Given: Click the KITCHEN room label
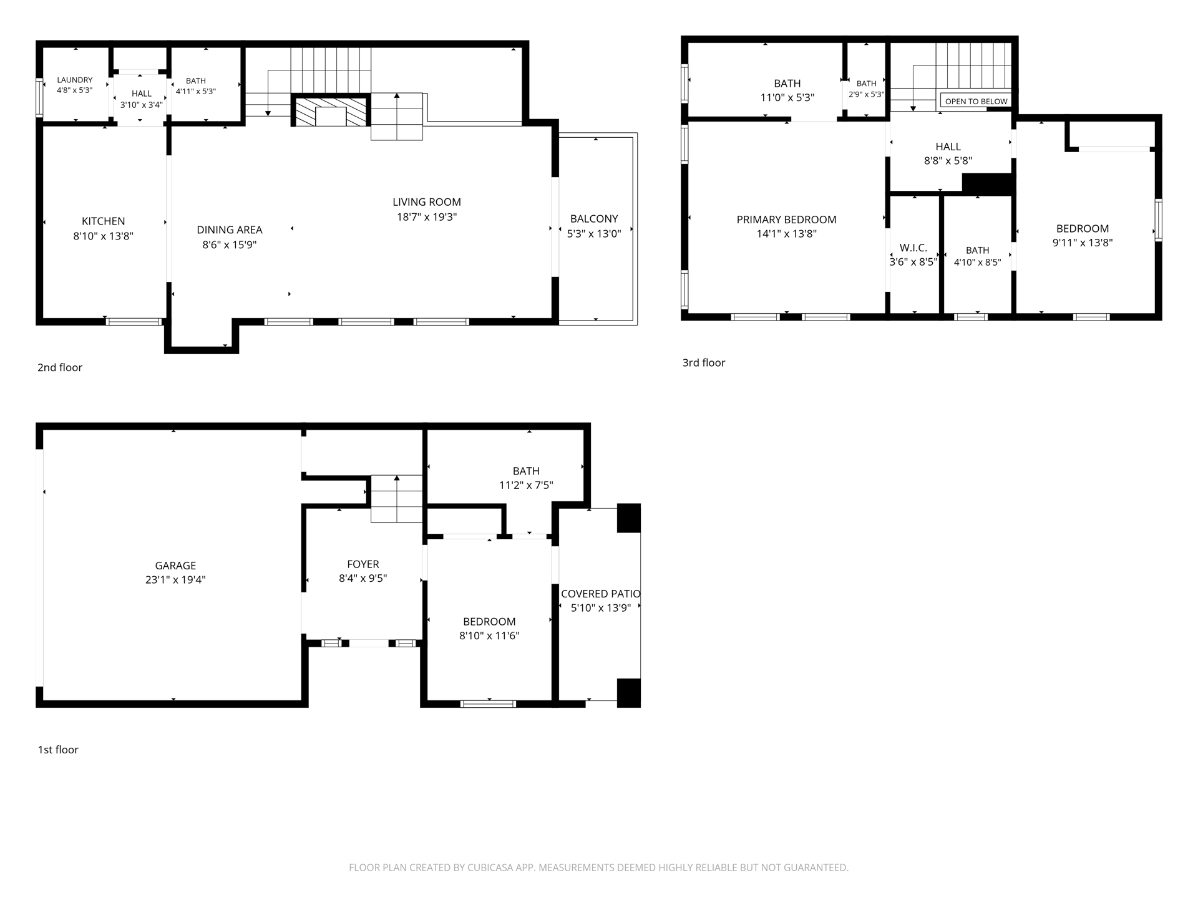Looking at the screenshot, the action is (104, 221).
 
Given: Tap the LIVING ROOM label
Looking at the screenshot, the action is (427, 202).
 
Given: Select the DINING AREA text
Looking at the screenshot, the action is (230, 230).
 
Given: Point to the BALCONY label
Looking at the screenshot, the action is (594, 219).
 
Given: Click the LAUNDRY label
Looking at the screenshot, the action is (75, 80).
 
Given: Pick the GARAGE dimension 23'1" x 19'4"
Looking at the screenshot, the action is (175, 580).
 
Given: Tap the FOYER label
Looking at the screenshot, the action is (363, 564).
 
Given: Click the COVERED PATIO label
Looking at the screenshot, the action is (600, 594).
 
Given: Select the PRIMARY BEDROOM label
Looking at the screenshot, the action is (786, 220).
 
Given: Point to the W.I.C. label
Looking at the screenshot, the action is (913, 248).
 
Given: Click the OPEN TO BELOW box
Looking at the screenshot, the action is (976, 101).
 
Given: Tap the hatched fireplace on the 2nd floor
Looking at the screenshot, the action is (330, 111).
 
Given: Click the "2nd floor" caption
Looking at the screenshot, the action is (60, 368).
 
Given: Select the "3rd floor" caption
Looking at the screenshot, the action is (704, 363).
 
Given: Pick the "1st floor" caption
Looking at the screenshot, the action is (58, 750).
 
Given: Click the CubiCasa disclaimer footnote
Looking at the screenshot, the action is (599, 867).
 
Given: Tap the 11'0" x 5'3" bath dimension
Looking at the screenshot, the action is (787, 98).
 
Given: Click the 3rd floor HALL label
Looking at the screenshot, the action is (948, 147).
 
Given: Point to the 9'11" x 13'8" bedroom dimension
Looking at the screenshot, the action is (1083, 243).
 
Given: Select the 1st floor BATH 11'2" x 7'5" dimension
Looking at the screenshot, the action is (526, 485).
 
